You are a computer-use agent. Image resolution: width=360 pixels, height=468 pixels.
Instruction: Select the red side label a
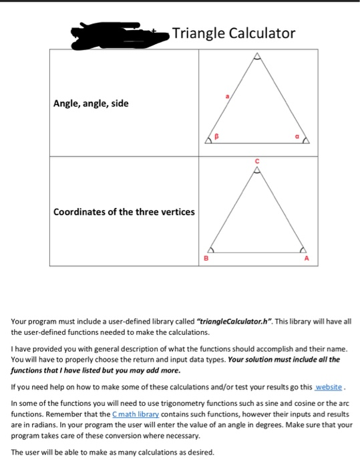[227, 98]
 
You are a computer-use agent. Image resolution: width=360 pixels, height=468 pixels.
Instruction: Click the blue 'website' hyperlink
[329, 386]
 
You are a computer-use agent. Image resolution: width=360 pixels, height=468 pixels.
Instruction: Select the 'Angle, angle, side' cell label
[92, 104]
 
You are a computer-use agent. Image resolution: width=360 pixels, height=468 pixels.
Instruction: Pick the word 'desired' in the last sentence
[198, 451]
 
